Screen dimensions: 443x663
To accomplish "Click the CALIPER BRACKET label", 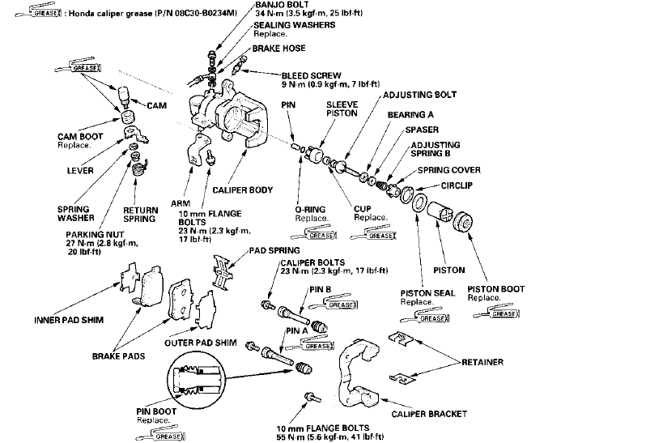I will coord(431,414).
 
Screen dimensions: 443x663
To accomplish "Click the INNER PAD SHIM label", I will coord(65,317).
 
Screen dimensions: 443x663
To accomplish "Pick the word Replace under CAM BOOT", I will coord(74,146).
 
